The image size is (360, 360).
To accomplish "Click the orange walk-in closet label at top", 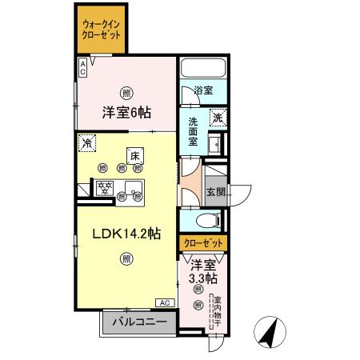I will click(x=101, y=30).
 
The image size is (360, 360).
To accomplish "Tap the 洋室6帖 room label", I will click(x=126, y=113).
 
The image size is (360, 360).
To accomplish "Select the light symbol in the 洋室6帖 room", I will click(x=126, y=90).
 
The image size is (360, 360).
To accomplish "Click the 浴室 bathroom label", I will click(x=203, y=90).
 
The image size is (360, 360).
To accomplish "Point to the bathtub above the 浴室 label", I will click(x=204, y=69).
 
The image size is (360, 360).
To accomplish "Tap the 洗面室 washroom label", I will click(x=194, y=131).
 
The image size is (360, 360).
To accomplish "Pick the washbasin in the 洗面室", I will click(x=214, y=144).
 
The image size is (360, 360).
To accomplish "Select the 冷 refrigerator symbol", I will click(x=86, y=144).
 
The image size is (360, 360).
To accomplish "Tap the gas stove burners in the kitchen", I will click(x=104, y=189).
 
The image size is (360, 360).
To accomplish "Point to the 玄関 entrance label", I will click(x=214, y=192).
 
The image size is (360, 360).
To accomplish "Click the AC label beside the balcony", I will click(x=164, y=302).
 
